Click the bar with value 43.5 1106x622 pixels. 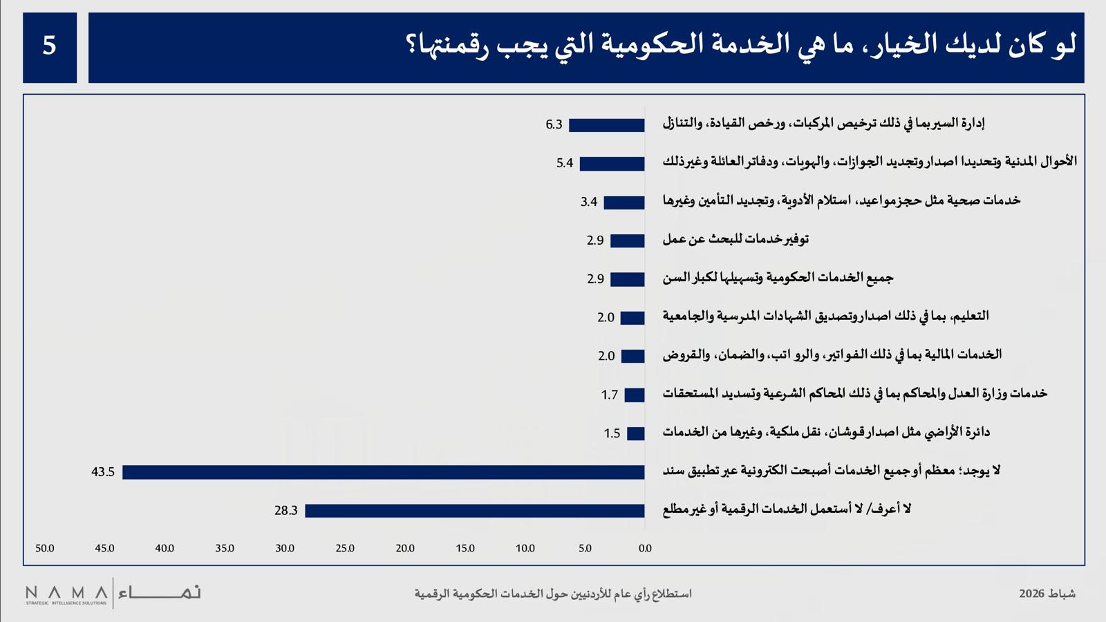point(384,472)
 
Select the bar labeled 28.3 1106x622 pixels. point(475,511)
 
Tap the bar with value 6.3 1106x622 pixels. point(607,125)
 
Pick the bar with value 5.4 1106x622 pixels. point(612,164)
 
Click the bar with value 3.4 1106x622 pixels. point(624,202)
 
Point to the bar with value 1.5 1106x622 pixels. point(636,433)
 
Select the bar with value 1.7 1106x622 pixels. point(635,395)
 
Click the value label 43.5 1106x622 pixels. point(103,472)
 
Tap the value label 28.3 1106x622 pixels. point(285,511)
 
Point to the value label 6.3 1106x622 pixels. point(554,125)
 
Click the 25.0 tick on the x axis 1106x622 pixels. point(345,548)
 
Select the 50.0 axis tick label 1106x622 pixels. point(45,548)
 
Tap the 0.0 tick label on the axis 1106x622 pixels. point(645,548)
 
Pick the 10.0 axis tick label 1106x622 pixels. point(525,548)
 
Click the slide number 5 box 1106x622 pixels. point(50,47)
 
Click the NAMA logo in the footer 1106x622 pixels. point(113,593)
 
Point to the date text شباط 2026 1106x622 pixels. point(1047,594)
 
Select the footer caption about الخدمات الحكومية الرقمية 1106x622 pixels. point(553,594)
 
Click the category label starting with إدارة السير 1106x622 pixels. point(823,124)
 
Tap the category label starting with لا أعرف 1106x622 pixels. point(787,509)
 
